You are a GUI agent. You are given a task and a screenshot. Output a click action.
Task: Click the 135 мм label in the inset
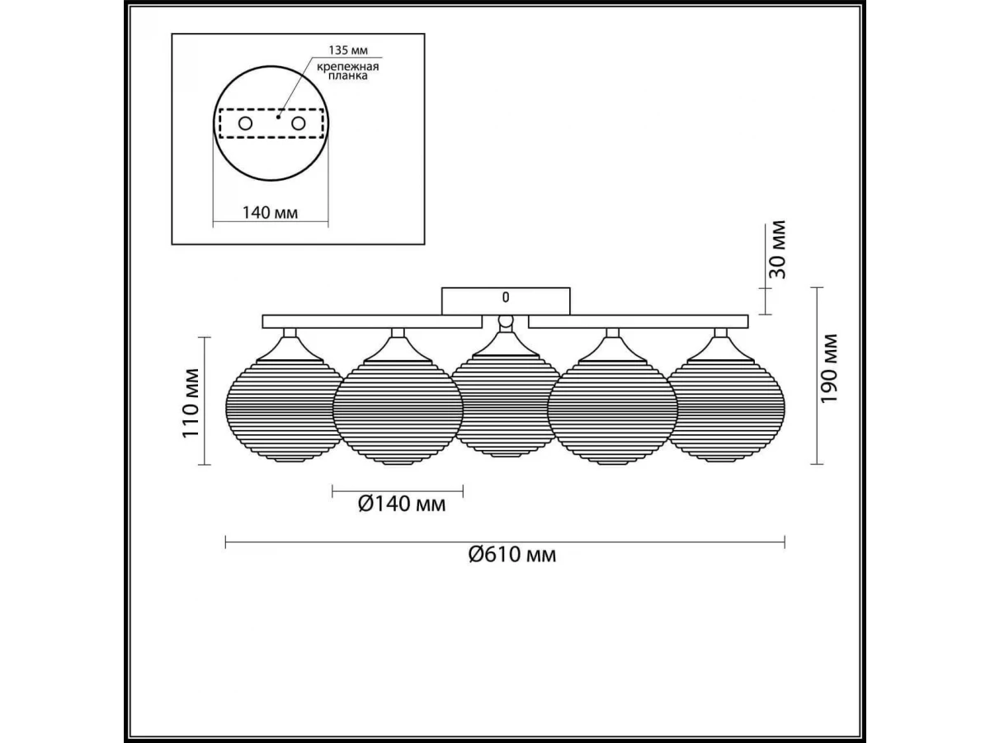(348, 50)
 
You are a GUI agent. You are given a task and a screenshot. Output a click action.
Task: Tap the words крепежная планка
(347, 71)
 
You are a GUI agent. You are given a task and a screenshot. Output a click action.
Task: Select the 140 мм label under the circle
(270, 212)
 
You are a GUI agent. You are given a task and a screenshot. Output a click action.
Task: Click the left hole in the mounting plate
(245, 123)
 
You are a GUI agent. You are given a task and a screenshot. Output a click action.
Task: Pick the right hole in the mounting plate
(298, 123)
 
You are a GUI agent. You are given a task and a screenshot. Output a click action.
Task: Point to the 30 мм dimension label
(777, 250)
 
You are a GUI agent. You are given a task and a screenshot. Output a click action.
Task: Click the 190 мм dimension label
(828, 369)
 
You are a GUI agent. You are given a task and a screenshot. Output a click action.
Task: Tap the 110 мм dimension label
(191, 403)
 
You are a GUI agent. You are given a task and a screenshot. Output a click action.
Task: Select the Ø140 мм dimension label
(402, 504)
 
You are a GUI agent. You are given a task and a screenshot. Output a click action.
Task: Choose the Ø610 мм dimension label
(512, 554)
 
